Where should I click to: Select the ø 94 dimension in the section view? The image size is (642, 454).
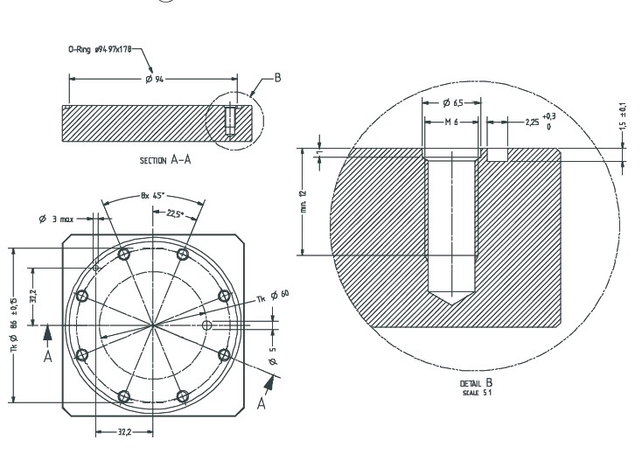pyautogui.click(x=155, y=79)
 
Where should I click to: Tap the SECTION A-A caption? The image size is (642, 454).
pyautogui.click(x=166, y=160)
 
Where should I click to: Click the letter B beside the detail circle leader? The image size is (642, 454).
pyautogui.click(x=277, y=78)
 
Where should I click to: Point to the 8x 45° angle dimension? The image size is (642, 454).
pyautogui.click(x=154, y=196)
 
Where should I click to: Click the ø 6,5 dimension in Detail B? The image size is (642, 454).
pyautogui.click(x=450, y=102)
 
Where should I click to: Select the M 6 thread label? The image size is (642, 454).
pyautogui.click(x=450, y=122)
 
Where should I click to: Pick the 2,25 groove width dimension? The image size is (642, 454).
pyautogui.click(x=532, y=122)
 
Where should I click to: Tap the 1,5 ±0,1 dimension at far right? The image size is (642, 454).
pyautogui.click(x=623, y=115)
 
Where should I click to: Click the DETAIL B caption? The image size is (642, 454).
pyautogui.click(x=477, y=384)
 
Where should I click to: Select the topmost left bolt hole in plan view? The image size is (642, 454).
pyautogui.click(x=123, y=254)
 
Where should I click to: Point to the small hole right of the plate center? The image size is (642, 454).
pyautogui.click(x=206, y=325)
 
